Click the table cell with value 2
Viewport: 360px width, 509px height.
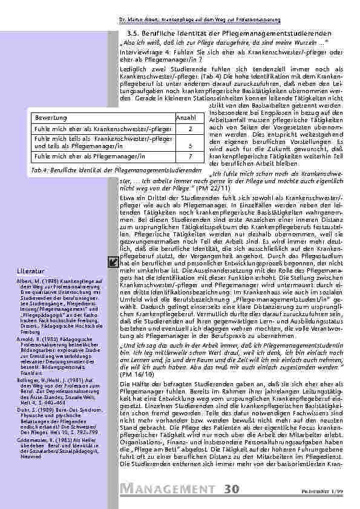coord(190,129)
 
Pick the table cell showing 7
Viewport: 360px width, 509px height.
coord(190,156)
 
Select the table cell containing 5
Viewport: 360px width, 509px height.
coord(190,146)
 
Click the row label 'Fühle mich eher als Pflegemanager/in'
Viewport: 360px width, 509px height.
coord(91,156)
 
